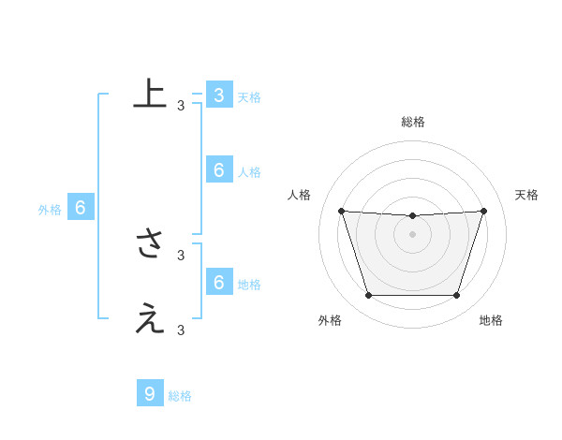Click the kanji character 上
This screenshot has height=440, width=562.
(x=150, y=94)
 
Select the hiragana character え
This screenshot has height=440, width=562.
(x=150, y=319)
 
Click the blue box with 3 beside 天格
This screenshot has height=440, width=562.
(x=218, y=95)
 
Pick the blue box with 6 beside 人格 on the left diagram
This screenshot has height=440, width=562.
(x=218, y=169)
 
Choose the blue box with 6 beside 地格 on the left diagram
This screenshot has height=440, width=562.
(x=218, y=282)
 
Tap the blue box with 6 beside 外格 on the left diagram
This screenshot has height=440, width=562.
(x=81, y=208)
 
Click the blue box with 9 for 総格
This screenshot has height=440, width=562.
(x=149, y=393)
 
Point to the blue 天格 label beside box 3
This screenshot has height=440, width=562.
(x=249, y=96)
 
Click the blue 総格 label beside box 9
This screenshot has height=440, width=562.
(x=180, y=396)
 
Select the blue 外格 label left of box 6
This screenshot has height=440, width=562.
(x=50, y=210)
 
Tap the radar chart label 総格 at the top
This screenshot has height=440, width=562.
(x=413, y=122)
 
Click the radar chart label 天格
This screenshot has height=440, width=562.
(x=527, y=195)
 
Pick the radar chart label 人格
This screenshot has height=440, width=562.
(x=299, y=195)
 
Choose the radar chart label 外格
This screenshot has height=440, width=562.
(x=330, y=320)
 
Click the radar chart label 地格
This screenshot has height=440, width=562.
(x=491, y=320)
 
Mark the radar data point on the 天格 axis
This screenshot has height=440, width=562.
(x=484, y=211)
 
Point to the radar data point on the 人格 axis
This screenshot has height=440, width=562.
(x=341, y=211)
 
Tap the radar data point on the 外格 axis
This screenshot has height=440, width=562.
(x=368, y=296)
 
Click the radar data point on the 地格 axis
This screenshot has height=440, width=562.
(x=457, y=296)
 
